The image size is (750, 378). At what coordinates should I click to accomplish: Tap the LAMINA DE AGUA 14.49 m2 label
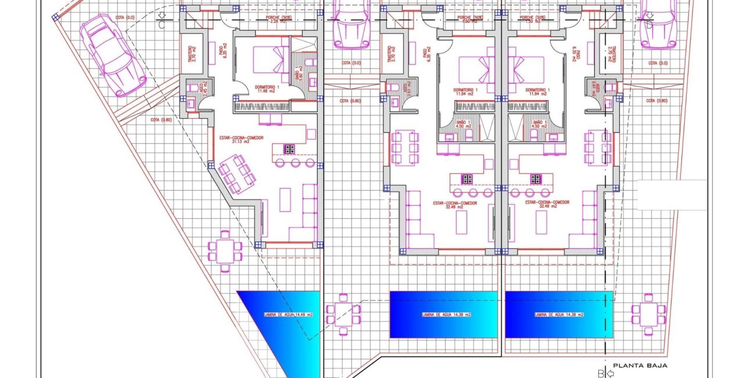tap(289, 315)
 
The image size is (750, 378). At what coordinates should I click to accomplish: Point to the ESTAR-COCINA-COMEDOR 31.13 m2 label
tap(241, 140)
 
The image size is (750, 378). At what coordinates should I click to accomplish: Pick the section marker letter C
tap(161, 24)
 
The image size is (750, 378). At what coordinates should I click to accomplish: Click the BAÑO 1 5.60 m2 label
tap(298, 74)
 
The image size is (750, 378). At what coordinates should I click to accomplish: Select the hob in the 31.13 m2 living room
tap(289, 149)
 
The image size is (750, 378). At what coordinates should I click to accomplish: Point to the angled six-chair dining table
tap(237, 173)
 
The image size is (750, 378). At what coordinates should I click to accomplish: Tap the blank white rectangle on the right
tap(672, 195)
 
